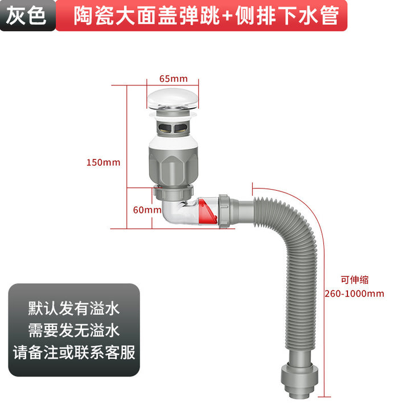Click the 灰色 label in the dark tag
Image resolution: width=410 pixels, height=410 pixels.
26,16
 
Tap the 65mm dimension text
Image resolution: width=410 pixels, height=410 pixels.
173,79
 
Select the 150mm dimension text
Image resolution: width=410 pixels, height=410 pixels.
103,162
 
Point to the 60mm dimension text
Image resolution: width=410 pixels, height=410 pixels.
147,210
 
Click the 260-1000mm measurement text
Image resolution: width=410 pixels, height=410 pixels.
354,294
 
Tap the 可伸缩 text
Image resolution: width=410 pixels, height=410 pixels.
355,280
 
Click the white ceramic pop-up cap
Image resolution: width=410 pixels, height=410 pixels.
173,99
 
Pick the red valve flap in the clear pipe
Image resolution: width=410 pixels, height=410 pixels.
208,211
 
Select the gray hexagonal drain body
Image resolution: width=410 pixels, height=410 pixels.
173,166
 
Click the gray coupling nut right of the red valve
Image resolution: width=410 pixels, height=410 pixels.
224,211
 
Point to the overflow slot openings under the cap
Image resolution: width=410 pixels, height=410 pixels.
173,128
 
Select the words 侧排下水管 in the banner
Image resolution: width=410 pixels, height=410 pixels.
287,16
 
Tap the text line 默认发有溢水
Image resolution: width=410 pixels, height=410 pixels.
74,308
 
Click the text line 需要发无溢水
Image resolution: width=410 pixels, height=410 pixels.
74,330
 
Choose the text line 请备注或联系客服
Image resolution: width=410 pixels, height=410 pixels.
74,352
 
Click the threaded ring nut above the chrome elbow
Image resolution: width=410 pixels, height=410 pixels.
174,192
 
